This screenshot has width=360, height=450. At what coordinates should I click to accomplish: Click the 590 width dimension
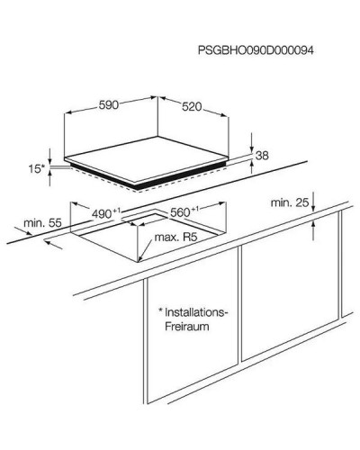click(x=109, y=105)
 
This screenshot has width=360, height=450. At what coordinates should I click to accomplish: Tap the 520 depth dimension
click(x=192, y=106)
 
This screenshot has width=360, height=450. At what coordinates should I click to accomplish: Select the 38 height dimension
click(x=262, y=156)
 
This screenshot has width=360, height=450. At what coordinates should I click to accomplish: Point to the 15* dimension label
click(x=37, y=169)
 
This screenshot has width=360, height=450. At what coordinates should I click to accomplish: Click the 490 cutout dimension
click(x=106, y=213)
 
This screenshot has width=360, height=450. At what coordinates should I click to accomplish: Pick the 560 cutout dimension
click(x=184, y=211)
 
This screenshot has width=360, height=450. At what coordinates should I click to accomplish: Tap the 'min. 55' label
click(x=42, y=223)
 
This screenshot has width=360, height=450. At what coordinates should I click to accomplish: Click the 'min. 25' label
click(x=290, y=202)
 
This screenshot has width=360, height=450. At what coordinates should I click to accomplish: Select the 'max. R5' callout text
click(x=175, y=238)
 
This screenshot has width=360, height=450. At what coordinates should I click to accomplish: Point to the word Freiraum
click(x=187, y=327)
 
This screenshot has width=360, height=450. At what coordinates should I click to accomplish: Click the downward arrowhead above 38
click(x=251, y=148)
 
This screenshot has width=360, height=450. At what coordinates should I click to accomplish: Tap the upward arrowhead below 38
click(x=251, y=164)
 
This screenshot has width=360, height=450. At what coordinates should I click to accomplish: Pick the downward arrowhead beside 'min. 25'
click(x=313, y=209)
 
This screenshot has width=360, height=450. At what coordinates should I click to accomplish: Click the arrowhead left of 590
click(x=68, y=112)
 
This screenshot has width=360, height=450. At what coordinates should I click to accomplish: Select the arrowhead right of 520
click(x=225, y=115)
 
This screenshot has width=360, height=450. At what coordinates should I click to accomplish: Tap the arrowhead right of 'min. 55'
click(x=29, y=232)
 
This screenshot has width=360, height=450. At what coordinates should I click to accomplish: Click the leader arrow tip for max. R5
click(x=139, y=260)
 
